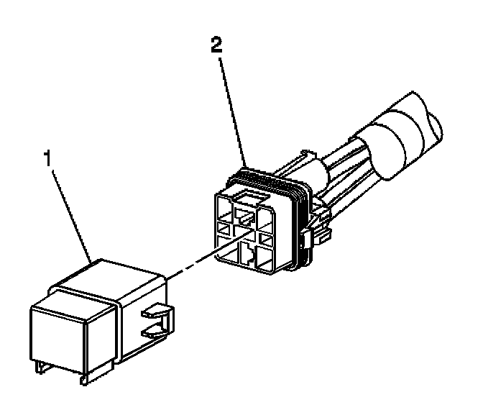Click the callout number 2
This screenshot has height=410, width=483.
pos(215,47)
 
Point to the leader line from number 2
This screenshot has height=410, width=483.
pos(230,108)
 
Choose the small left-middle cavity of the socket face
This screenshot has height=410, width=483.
pos(224,230)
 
